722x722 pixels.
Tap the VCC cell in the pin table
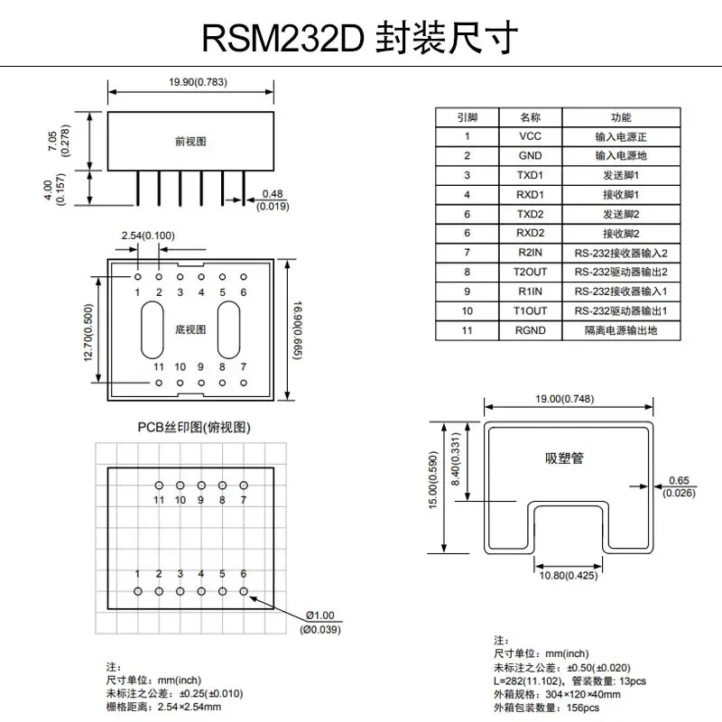[x=531, y=136]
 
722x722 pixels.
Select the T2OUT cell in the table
[x=531, y=272]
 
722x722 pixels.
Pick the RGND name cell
[x=531, y=330]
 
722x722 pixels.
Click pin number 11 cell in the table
[x=467, y=330]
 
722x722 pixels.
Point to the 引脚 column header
[x=467, y=117]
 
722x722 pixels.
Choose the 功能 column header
[x=621, y=117]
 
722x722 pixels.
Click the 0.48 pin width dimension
[x=272, y=193]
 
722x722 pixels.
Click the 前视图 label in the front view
[x=191, y=142]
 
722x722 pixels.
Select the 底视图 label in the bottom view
[x=190, y=329]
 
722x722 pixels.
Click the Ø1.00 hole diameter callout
[x=320, y=616]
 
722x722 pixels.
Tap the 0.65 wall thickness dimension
[x=680, y=481]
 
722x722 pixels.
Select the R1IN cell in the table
[x=531, y=292]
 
